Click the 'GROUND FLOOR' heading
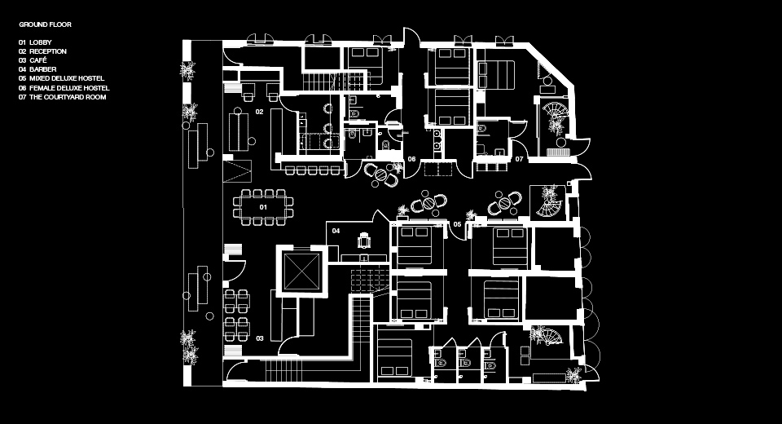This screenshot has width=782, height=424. (46, 24)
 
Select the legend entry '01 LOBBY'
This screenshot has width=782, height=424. (35, 42)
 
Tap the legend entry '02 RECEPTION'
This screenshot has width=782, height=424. (43, 51)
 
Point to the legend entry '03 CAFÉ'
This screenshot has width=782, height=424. (33, 60)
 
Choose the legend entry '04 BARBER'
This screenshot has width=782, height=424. (38, 69)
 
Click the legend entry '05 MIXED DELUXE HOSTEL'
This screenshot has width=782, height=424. (62, 78)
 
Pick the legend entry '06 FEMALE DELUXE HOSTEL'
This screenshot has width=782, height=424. (64, 88)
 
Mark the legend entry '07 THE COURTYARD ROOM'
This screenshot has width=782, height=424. (63, 97)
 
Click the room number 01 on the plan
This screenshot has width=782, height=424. (263, 207)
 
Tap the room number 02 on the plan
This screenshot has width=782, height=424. (259, 112)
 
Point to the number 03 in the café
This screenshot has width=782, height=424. (260, 338)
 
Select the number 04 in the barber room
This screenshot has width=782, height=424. (336, 231)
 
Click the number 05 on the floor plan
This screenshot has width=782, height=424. (457, 224)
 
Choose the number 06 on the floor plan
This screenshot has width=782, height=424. (411, 159)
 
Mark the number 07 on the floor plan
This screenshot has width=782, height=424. (519, 159)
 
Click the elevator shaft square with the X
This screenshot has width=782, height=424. (301, 272)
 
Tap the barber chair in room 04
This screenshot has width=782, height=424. (365, 241)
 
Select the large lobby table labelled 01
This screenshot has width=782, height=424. (263, 207)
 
